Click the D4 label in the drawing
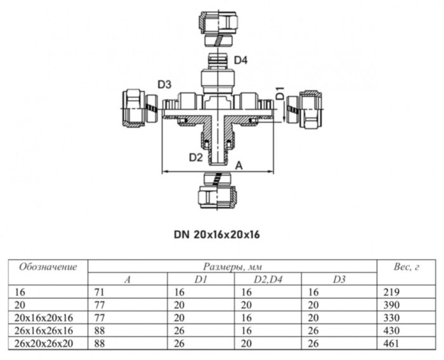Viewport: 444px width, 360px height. (240, 60)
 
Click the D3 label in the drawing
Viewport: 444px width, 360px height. (165, 84)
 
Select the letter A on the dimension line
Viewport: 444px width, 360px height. (239, 165)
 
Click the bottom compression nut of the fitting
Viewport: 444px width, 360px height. (218, 193)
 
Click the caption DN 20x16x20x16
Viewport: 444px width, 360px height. (218, 234)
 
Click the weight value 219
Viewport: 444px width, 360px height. (391, 292)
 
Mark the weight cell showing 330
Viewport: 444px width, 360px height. (391, 318)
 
